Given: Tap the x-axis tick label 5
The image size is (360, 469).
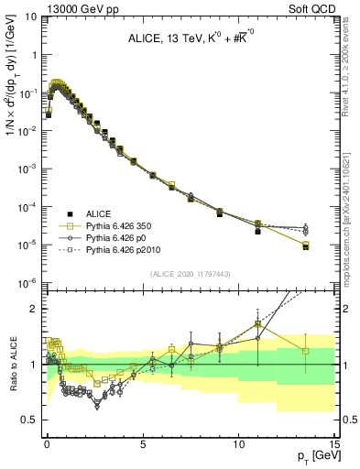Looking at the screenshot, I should pyautogui.click(x=143, y=442).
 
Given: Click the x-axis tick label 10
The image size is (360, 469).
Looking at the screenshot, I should pyautogui.click(x=238, y=442).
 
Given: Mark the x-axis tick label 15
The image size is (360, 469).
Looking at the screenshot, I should pyautogui.click(x=333, y=442).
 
